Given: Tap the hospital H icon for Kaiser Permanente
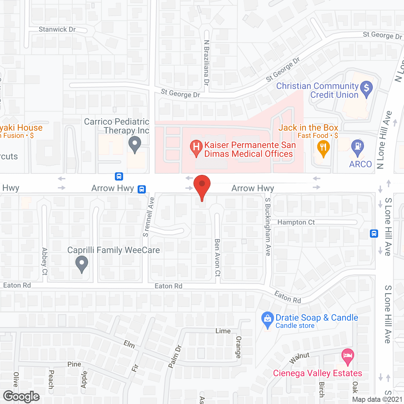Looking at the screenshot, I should (196, 147).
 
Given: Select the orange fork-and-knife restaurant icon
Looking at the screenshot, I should (323, 148).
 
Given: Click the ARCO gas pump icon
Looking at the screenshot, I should (358, 147).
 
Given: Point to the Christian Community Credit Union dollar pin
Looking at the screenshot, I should (366, 88).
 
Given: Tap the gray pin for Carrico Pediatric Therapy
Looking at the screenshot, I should (135, 144).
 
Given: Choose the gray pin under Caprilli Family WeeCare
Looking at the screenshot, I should (82, 263).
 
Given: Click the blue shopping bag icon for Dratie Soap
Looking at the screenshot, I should (268, 318).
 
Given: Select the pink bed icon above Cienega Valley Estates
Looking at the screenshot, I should (348, 356).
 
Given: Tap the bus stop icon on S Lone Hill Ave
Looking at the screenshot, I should (374, 234).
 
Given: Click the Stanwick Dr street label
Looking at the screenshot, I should (57, 29).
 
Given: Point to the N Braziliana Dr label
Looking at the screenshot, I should (206, 62).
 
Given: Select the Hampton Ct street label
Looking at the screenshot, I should (296, 223).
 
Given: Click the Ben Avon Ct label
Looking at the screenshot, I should (217, 258).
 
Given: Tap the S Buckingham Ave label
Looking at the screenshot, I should (268, 227).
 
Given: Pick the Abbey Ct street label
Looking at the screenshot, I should (45, 261).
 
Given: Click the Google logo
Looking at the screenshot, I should (21, 396).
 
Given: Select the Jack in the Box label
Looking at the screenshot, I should (308, 128).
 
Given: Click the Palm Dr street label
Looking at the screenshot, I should (175, 357).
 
